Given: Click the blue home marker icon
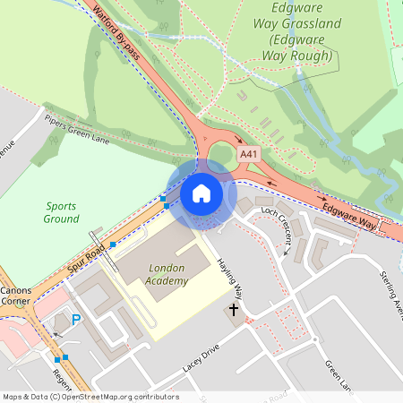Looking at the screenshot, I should tap(201, 193).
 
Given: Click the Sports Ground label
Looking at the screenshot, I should tap(61, 211).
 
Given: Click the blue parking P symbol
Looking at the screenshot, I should tap(76, 319).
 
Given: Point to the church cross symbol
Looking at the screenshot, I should tap(234, 311).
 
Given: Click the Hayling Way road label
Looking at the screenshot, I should tap(230, 279).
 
